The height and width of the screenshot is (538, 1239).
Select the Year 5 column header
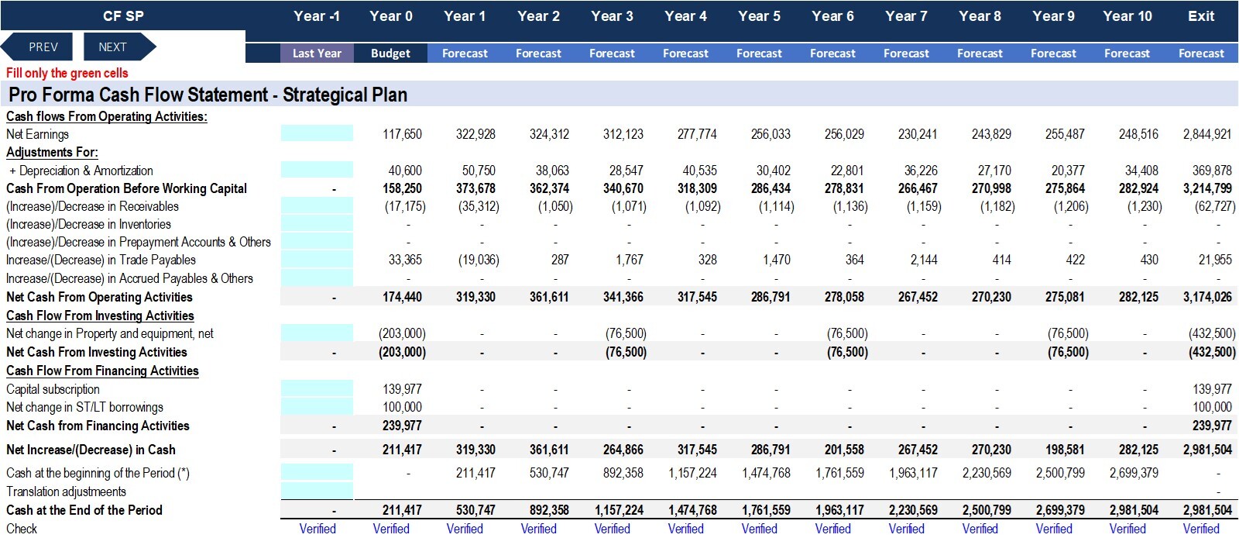point(759,16)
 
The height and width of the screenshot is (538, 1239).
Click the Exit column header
point(1201,16)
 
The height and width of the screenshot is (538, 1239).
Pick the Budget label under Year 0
point(390,53)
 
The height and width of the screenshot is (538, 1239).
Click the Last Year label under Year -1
point(317,53)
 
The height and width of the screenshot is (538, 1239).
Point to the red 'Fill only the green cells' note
point(67,73)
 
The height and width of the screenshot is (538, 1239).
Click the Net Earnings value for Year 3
point(623,134)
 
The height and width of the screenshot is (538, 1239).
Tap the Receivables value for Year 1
point(479,206)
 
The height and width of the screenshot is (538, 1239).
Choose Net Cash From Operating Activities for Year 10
point(1138,297)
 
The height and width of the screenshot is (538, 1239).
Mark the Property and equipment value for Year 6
point(847,333)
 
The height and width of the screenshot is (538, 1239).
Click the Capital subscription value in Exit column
point(1212,389)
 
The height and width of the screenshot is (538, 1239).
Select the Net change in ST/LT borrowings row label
point(84,407)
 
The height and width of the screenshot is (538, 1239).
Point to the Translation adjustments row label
point(66,491)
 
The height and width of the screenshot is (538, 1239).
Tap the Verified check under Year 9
point(1054,529)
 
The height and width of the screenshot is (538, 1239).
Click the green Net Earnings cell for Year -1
point(317,133)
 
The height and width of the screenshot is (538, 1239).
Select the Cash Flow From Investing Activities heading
point(100,316)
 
